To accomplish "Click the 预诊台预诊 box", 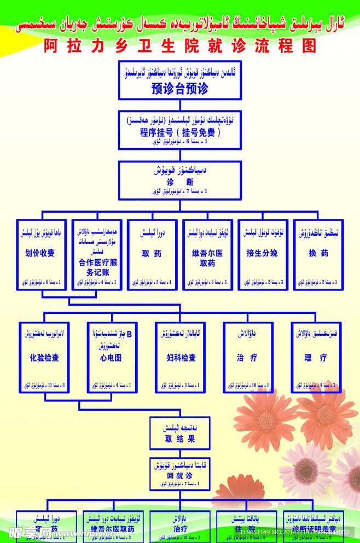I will [x=179, y=80].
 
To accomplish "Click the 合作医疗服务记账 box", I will [x=96, y=255].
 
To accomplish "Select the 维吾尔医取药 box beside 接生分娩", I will [x=207, y=255].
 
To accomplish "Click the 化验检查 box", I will [x=45, y=357].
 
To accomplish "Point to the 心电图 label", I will [x=111, y=358].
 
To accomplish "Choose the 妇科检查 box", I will [x=181, y=357].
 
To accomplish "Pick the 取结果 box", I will [x=179, y=433].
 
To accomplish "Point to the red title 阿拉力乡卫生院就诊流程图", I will [x=180, y=46].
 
